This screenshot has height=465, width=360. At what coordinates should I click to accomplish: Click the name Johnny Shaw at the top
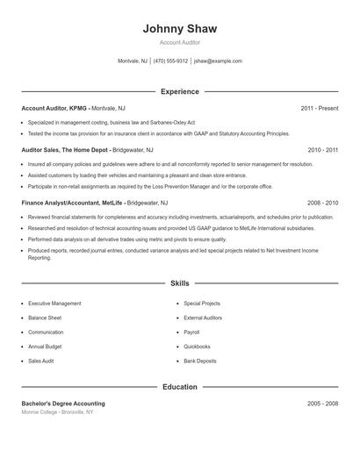180,29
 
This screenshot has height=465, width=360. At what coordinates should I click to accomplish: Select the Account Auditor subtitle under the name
180,42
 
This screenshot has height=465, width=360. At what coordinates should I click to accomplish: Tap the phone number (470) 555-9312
170,61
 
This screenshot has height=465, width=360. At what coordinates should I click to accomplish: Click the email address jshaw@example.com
218,61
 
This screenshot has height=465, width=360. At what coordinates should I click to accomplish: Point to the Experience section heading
180,91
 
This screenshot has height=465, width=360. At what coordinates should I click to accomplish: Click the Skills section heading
180,283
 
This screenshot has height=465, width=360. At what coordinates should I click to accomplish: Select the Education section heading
180,386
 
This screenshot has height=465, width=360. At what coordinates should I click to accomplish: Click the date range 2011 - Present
319,108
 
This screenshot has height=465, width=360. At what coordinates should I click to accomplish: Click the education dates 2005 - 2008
322,404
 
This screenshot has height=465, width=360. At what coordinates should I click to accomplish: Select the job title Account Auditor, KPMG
54,108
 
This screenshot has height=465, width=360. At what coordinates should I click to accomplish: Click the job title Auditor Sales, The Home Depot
66,150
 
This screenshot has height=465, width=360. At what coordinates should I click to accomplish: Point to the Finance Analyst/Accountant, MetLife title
71,202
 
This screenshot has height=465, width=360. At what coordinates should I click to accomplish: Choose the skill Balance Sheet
45,318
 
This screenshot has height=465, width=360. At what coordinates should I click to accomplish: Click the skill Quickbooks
198,347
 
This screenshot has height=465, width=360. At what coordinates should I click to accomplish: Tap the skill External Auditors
203,318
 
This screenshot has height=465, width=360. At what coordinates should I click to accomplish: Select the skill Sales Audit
41,361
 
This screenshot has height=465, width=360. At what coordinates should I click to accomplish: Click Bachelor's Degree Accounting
63,404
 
